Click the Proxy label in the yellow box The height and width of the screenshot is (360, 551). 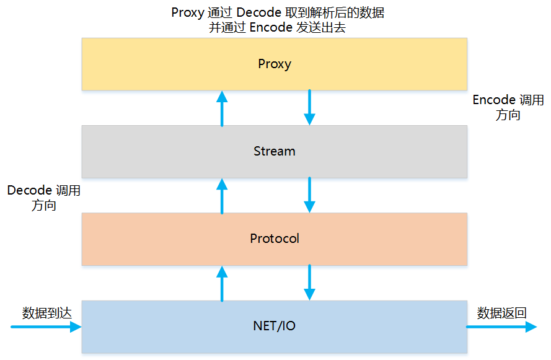pos(274,64)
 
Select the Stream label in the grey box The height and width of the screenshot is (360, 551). pos(274,151)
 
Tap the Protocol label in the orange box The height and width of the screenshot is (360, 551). pos(274,239)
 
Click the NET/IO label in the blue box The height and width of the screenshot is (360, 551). pos(274,325)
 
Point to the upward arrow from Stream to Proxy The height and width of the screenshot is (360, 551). pos(222,108)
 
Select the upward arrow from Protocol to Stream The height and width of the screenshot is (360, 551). pos(222,195)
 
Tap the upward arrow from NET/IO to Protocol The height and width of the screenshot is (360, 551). pos(222,283)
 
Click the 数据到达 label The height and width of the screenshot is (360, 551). pos(47,313)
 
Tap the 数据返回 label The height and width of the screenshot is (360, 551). pos(501,313)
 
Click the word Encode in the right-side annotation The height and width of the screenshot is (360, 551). pos(494,100)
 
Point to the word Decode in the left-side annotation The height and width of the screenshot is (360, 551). pos(28,190)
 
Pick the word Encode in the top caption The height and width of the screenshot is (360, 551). pos(270,28)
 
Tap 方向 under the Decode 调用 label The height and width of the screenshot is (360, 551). pos(43,206)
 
